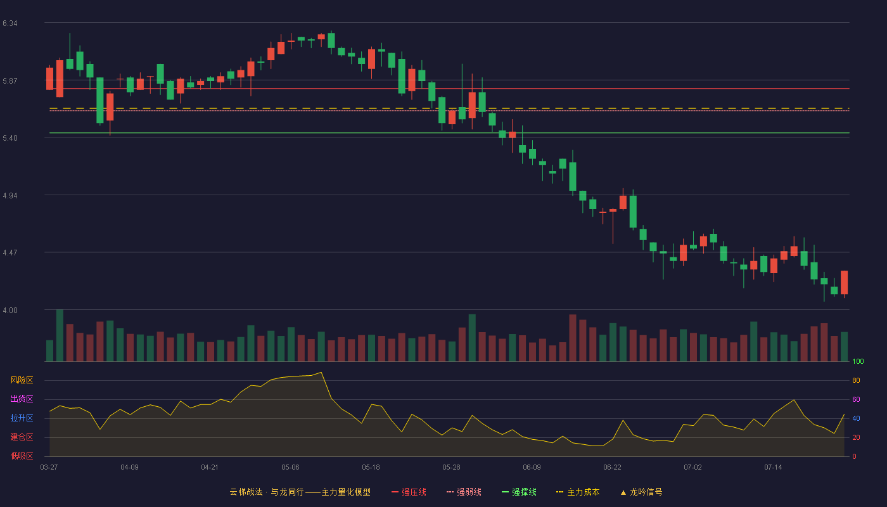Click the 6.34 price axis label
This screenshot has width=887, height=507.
point(10,23)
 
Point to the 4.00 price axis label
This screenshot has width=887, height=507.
point(10,311)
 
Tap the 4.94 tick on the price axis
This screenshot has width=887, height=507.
point(10,196)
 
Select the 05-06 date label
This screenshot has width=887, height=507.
point(290,468)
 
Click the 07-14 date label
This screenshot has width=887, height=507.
point(773,468)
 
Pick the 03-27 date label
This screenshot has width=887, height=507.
point(49,468)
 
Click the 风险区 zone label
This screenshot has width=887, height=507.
point(22,380)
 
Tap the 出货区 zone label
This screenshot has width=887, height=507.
point(22,399)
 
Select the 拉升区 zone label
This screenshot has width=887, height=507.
point(22,418)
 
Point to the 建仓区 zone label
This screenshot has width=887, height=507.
point(22,437)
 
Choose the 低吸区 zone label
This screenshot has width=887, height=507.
point(22,456)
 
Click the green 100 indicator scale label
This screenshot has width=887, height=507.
point(858,361)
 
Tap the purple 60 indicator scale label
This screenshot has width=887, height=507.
point(856,399)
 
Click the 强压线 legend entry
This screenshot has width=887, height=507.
point(409,492)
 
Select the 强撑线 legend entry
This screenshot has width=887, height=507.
point(519,492)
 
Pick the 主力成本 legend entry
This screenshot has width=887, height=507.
point(578,492)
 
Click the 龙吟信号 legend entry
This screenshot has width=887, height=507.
point(641,492)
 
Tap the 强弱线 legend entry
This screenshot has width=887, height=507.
point(464,492)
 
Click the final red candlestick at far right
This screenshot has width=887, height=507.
point(844,283)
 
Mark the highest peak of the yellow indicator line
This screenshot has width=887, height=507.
point(321,373)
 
